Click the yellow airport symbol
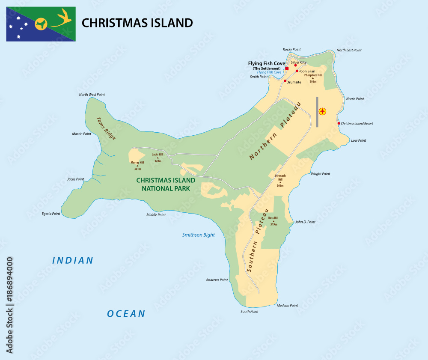click(x=323, y=112)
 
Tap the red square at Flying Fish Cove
click(x=287, y=68)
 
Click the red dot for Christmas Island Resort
click(x=339, y=123)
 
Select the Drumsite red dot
click(x=285, y=80)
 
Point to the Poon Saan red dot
click(x=297, y=71)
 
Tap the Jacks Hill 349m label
click(x=158, y=158)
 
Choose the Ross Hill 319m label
click(x=273, y=221)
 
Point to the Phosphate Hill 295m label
click(x=312, y=77)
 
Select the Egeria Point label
click(x=51, y=213)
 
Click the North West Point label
click(x=92, y=95)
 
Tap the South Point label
click(x=249, y=311)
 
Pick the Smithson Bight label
click(x=198, y=235)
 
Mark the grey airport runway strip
click(x=317, y=112)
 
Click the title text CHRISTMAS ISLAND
click(x=137, y=23)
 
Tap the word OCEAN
click(x=126, y=314)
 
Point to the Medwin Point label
click(x=287, y=306)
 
